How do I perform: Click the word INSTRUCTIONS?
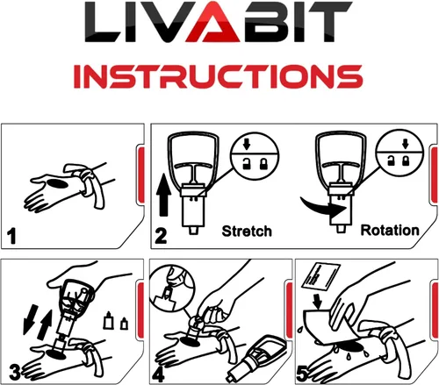click(218, 76)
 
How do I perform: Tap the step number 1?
click(12, 236)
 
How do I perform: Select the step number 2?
click(161, 236)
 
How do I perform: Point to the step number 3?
click(14, 372)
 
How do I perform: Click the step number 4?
click(158, 374)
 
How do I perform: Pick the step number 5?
click(303, 374)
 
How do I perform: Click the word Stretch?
click(247, 231)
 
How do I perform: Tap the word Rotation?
click(390, 230)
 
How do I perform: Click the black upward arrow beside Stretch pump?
click(163, 196)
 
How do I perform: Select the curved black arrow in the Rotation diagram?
click(323, 207)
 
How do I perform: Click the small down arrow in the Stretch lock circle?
click(247, 144)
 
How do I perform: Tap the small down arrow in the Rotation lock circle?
click(405, 144)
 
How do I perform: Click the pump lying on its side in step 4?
click(257, 359)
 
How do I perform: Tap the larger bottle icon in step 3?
click(108, 320)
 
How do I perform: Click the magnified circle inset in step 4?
click(172, 289)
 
